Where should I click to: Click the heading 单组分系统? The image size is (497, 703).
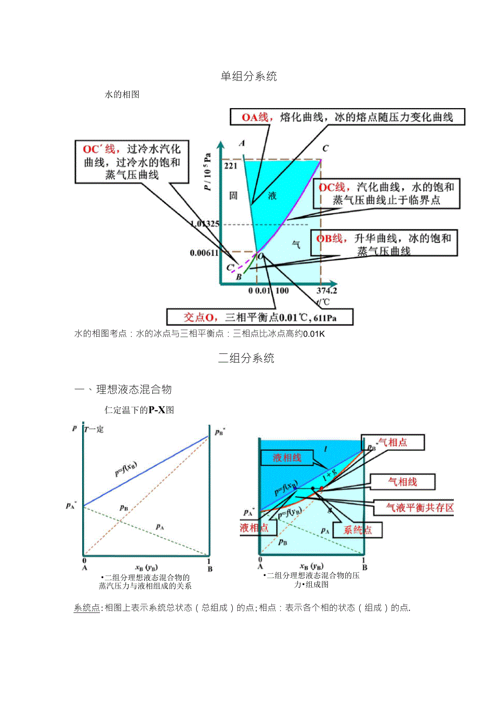pyautogui.click(x=249, y=76)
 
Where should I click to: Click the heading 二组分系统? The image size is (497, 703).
pyautogui.click(x=246, y=358)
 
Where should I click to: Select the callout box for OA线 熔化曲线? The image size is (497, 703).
pyautogui.click(x=347, y=117)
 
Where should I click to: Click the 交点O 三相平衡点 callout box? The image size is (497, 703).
pyautogui.click(x=260, y=316)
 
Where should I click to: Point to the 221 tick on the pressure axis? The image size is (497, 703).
pyautogui.click(x=231, y=166)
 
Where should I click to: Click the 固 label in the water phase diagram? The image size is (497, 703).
pyautogui.click(x=233, y=196)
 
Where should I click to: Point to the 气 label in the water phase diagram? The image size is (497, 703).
pyautogui.click(x=296, y=245)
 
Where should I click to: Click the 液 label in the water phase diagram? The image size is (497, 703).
pyautogui.click(x=272, y=196)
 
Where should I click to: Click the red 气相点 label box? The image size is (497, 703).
pyautogui.click(x=393, y=443)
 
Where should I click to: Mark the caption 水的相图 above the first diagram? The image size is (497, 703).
pyautogui.click(x=122, y=94)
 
